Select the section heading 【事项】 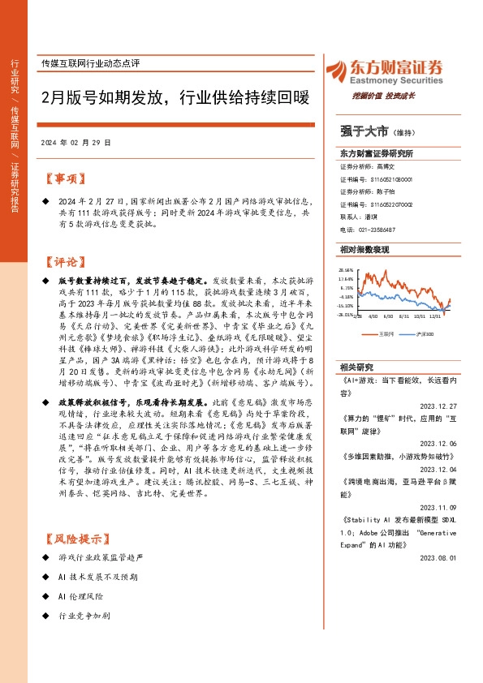tap(63, 178)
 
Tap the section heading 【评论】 tap(63, 262)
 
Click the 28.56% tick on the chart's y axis tap(347, 270)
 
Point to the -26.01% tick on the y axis tap(347, 315)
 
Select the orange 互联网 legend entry tap(386, 333)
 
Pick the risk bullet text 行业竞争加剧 tap(84, 616)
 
